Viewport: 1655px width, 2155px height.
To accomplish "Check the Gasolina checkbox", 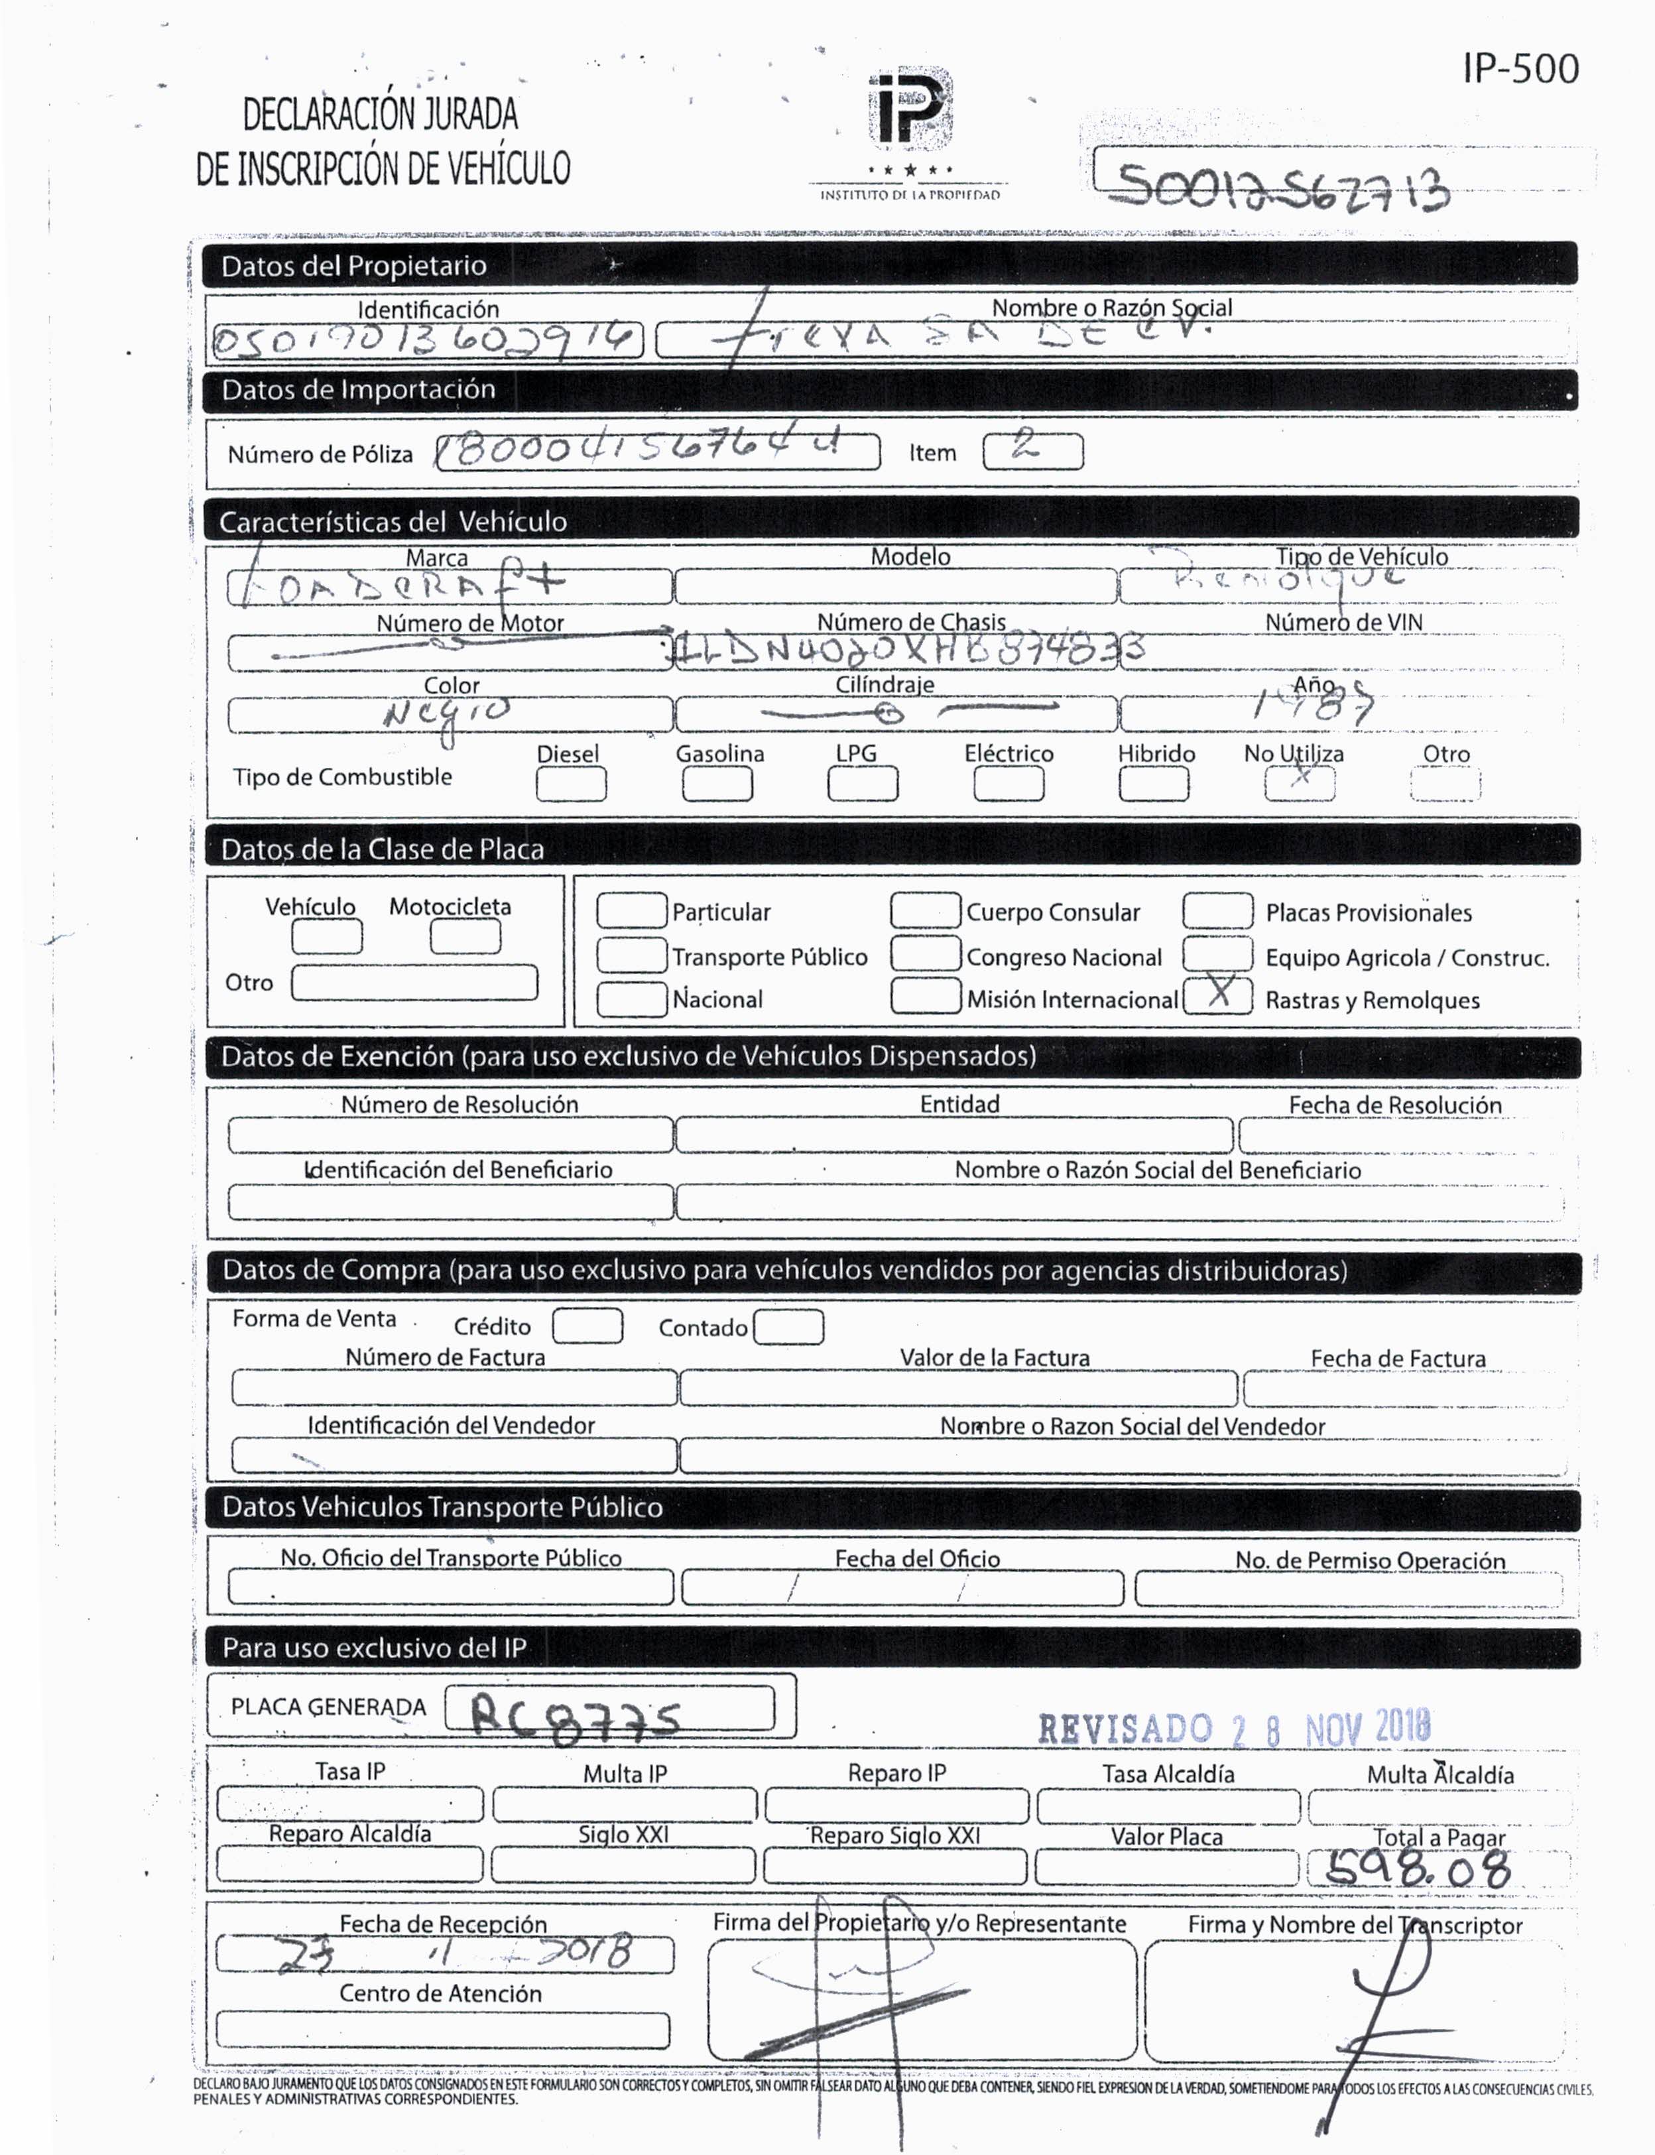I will [x=717, y=784].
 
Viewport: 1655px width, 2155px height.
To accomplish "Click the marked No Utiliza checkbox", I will [x=1300, y=783].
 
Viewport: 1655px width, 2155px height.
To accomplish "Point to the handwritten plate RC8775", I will [x=576, y=1716].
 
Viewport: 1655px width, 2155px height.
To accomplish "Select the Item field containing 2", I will [x=1032, y=451].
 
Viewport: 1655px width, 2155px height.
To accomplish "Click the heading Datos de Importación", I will [x=359, y=390].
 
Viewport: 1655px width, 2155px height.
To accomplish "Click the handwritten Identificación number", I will [x=426, y=341].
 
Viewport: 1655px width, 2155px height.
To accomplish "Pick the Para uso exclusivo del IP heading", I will [x=375, y=1648].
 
